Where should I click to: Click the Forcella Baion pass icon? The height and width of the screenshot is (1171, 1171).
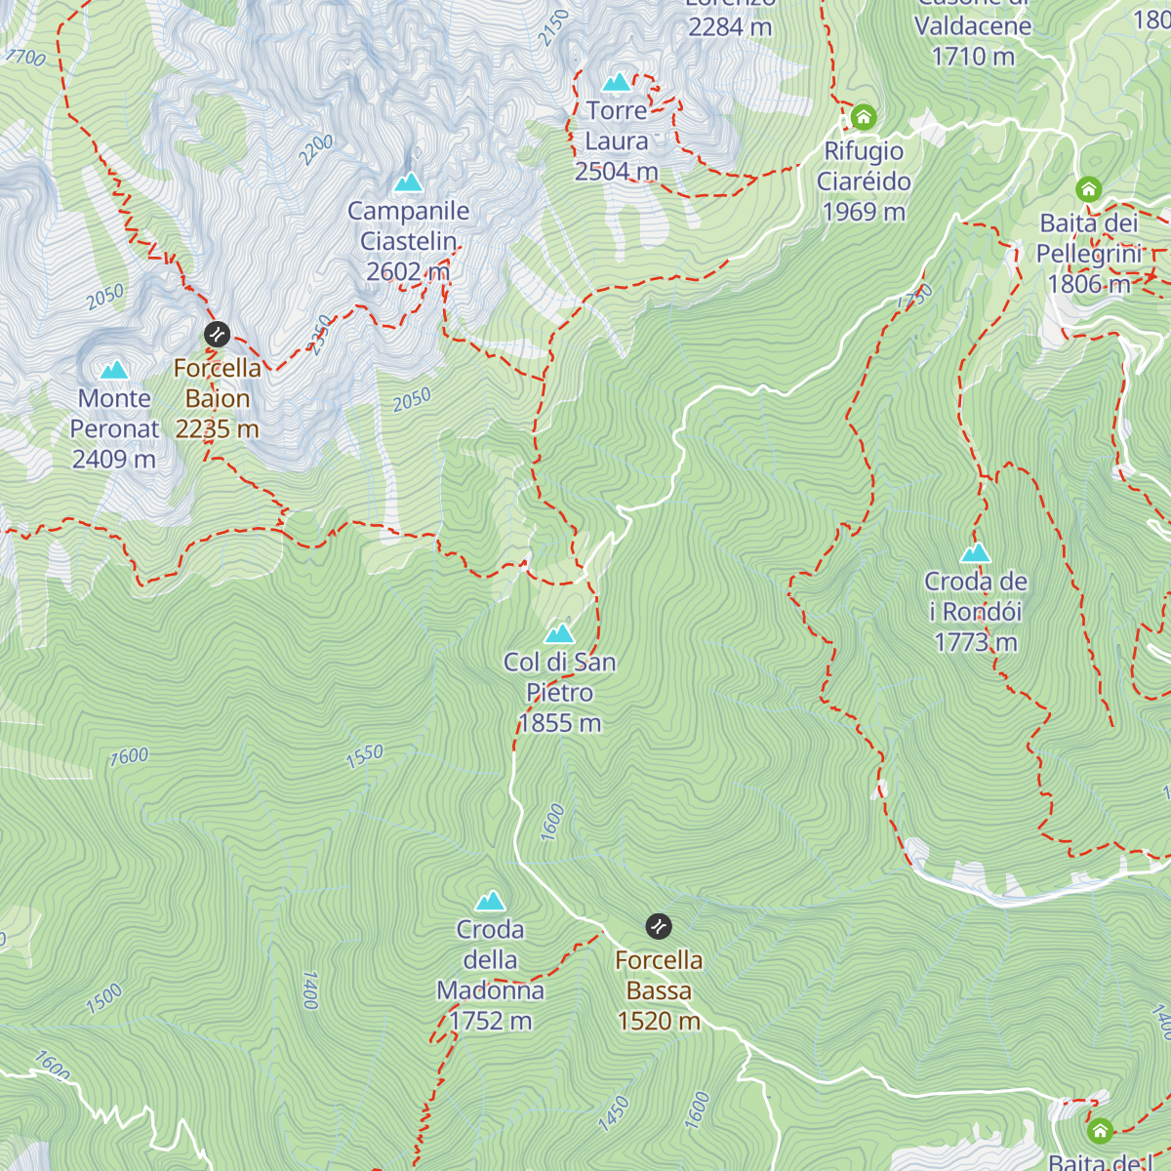[217, 335]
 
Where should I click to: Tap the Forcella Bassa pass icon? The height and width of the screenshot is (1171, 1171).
[659, 926]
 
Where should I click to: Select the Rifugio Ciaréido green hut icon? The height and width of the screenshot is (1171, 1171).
[864, 118]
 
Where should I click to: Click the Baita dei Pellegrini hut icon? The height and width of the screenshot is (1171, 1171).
[1089, 189]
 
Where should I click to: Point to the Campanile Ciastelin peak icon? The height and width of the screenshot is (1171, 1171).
[408, 182]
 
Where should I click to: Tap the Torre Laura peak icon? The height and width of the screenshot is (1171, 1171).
[617, 82]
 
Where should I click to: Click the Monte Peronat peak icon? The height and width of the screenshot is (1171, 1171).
[114, 370]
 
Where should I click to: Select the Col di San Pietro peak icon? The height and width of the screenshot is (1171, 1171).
[559, 633]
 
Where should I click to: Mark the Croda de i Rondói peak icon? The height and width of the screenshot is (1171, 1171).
[975, 553]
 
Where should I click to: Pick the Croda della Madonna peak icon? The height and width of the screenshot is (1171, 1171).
[490, 901]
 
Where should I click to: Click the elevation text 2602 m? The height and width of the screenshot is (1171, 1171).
[408, 271]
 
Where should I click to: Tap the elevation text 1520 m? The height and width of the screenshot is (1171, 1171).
[659, 1021]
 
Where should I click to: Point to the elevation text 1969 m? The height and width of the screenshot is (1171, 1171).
[864, 212]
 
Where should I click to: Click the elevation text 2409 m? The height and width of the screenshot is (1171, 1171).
[114, 459]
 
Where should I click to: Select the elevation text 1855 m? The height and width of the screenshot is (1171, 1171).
[559, 723]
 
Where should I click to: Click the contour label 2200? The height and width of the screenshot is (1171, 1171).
[316, 149]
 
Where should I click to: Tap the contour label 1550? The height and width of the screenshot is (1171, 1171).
[365, 756]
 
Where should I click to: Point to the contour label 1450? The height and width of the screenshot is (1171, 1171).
[614, 1113]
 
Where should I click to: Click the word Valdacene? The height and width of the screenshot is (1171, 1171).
[973, 26]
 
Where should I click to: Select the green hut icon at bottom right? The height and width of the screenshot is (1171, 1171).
[1100, 1131]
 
